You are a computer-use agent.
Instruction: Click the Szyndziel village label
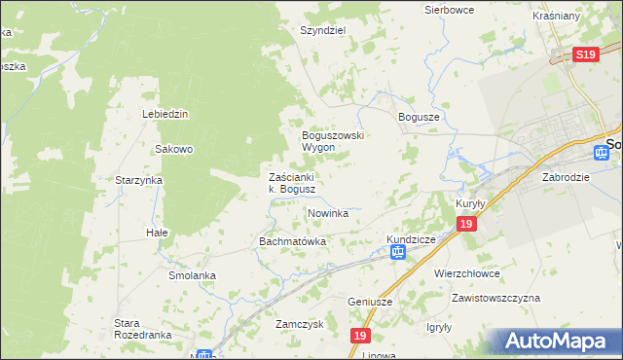[x=323, y=30]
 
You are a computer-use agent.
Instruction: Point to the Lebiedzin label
[x=165, y=114]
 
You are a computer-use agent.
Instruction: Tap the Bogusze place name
[x=420, y=117]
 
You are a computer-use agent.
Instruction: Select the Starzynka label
[x=138, y=181]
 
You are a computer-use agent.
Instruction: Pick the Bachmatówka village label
[x=291, y=240]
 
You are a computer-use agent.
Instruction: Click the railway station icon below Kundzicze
[x=398, y=253]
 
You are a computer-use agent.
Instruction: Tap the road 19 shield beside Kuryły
[x=466, y=225]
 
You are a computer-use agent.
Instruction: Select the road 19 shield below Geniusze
[x=361, y=335]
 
